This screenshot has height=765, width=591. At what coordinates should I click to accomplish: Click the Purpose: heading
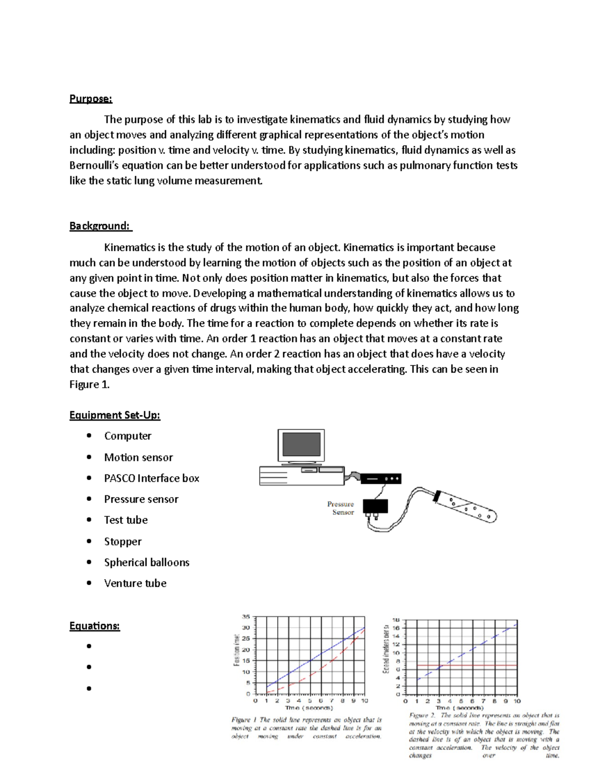tap(91, 99)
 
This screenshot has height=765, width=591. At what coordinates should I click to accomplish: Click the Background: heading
tap(100, 226)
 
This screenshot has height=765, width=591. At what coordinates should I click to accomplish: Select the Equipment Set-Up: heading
tap(115, 415)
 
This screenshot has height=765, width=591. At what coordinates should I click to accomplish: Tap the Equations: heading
tap(95, 626)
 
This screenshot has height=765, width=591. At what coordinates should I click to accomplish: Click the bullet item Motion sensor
tap(138, 457)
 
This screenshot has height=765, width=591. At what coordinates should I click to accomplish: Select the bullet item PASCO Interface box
tap(152, 478)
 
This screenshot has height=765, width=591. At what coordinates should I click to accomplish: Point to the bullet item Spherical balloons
tap(147, 562)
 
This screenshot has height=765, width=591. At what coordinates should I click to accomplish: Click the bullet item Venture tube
tap(135, 583)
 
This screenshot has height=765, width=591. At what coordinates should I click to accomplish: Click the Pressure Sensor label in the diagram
tap(341, 508)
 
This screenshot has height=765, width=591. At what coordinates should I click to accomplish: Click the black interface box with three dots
tap(381, 478)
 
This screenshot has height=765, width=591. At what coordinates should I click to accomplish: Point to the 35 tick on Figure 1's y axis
tap(246, 616)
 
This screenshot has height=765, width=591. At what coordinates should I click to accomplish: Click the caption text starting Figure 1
tap(306, 728)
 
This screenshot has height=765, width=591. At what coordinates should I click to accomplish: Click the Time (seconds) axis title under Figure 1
tap(309, 708)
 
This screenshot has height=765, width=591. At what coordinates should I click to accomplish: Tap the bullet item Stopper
tap(123, 541)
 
